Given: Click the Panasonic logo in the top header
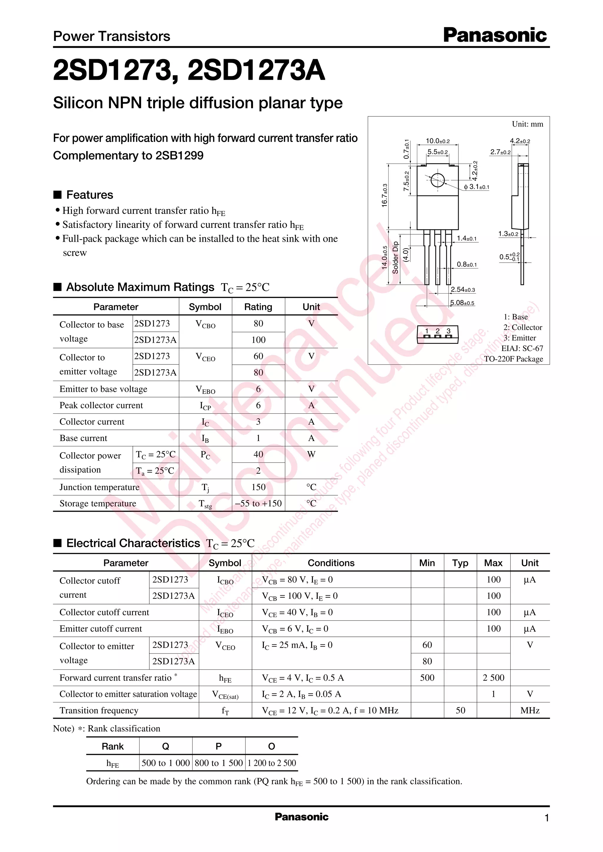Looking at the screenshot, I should (x=495, y=35).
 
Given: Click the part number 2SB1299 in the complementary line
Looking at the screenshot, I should (x=179, y=155).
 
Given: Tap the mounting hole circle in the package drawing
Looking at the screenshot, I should (x=438, y=180).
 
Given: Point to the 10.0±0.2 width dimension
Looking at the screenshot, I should (x=438, y=141).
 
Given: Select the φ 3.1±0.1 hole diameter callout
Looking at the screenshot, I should (x=476, y=187).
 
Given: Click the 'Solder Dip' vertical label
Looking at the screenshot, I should (x=395, y=258).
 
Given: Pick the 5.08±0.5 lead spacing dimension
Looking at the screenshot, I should (x=462, y=303).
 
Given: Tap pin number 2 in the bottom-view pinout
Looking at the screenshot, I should (x=438, y=331).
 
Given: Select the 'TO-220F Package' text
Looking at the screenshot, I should (x=513, y=359).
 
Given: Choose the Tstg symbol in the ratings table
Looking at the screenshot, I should (x=205, y=504).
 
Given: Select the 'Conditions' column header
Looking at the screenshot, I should (x=331, y=563).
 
